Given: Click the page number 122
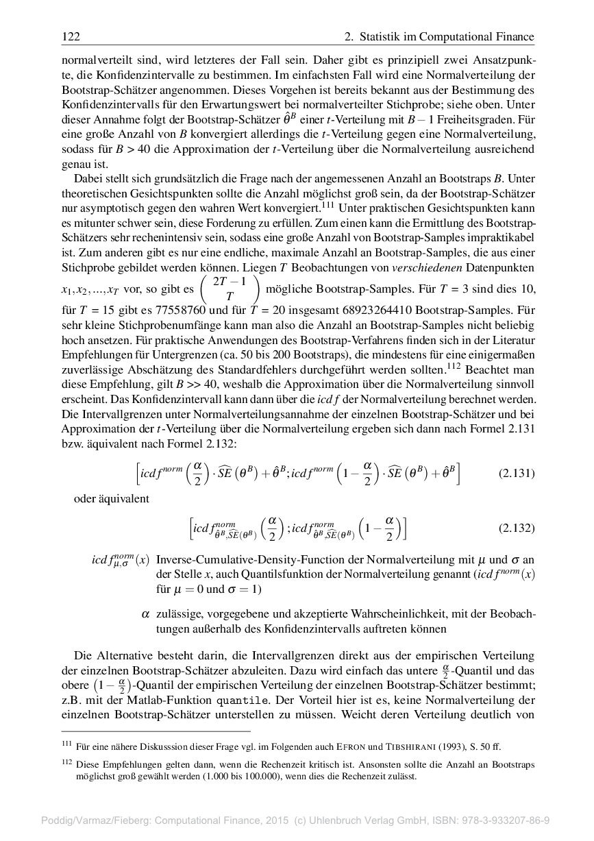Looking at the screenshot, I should [71, 36].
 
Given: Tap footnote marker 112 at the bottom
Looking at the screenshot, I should [66, 762].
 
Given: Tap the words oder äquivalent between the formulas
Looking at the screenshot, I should [112, 498].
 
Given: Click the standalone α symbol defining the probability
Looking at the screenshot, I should [145, 614].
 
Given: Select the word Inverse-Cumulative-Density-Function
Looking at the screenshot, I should [255, 559].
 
